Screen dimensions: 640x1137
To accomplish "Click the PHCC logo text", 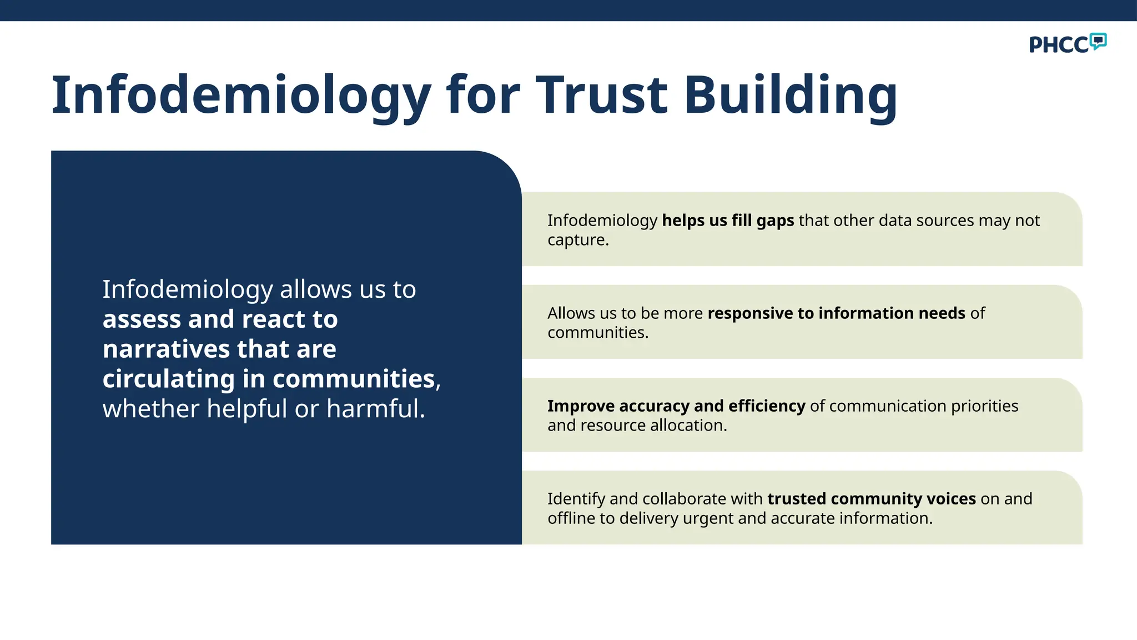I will [x=1059, y=45].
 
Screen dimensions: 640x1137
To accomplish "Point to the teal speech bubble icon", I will [x=1098, y=41].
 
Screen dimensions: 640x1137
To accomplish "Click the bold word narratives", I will [x=166, y=349].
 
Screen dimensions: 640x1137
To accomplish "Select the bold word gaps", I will [x=775, y=221].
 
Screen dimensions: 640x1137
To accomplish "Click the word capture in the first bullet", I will [x=577, y=240].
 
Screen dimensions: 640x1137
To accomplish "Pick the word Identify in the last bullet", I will [x=576, y=499].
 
